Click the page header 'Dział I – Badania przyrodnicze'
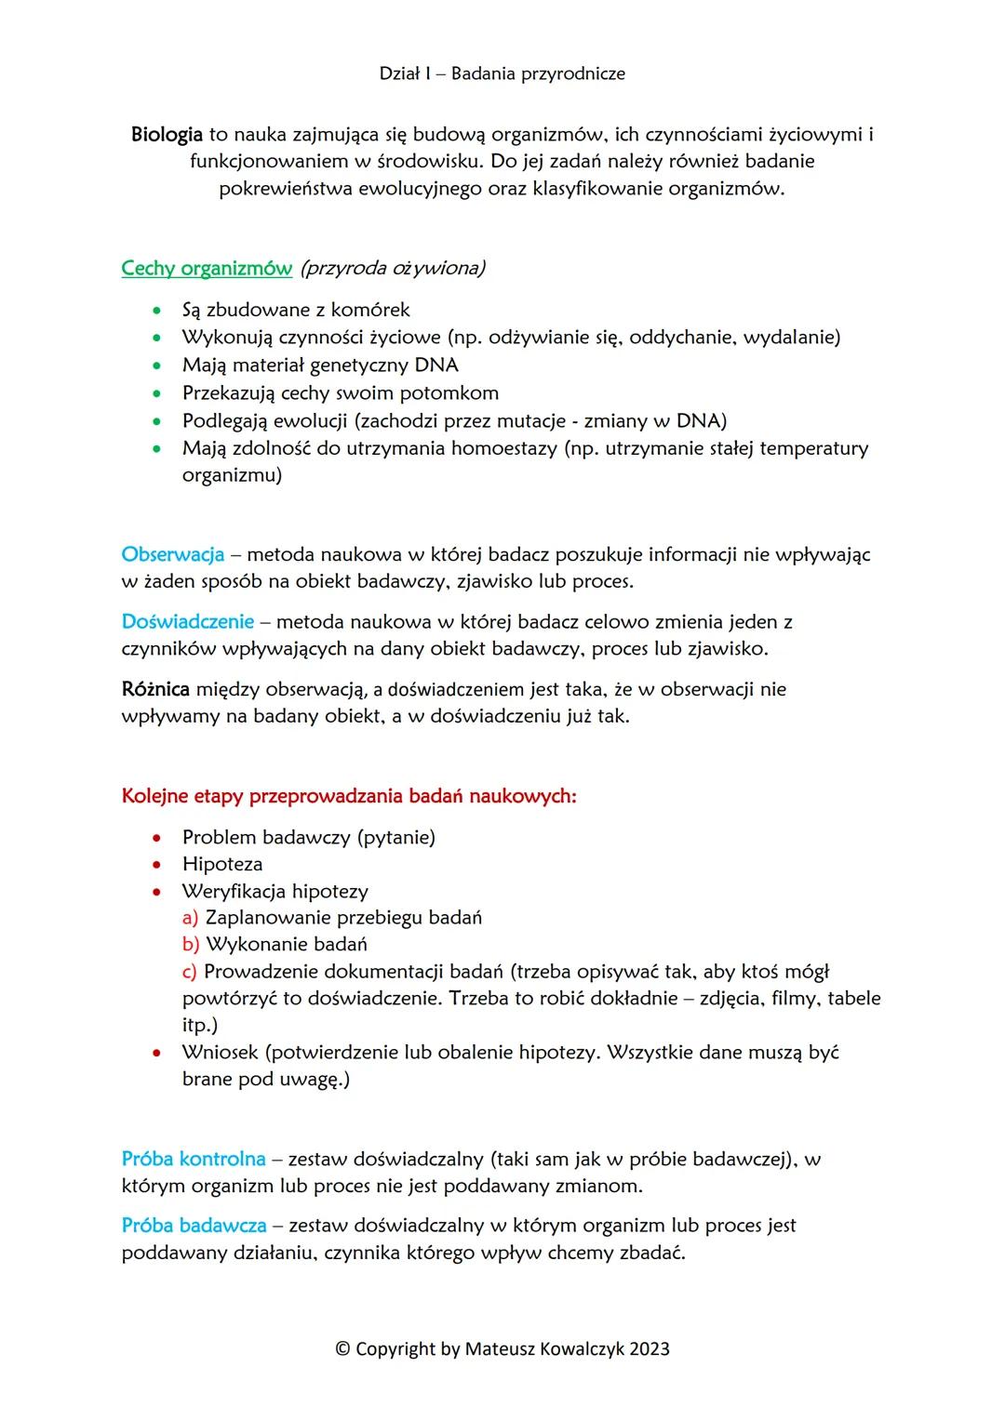tap(502, 73)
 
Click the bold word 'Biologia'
tap(167, 135)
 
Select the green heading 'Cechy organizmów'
tap(207, 269)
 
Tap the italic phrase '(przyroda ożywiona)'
tap(392, 269)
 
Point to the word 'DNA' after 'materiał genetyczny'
tap(436, 365)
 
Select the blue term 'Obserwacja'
tap(173, 555)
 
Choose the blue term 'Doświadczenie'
tap(188, 622)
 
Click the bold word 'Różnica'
tap(155, 690)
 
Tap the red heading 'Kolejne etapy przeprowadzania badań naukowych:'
tap(349, 797)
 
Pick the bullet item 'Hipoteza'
tap(222, 865)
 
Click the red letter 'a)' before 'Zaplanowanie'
tap(191, 918)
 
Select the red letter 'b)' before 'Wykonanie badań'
tap(191, 945)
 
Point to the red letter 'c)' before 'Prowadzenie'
tap(190, 972)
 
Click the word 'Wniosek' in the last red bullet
tap(220, 1053)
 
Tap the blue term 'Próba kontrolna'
tap(194, 1160)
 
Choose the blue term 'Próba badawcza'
tap(194, 1226)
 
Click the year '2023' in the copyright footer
tap(649, 1349)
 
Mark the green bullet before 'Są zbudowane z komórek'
tap(158, 311)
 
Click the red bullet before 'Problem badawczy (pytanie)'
tap(158, 838)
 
